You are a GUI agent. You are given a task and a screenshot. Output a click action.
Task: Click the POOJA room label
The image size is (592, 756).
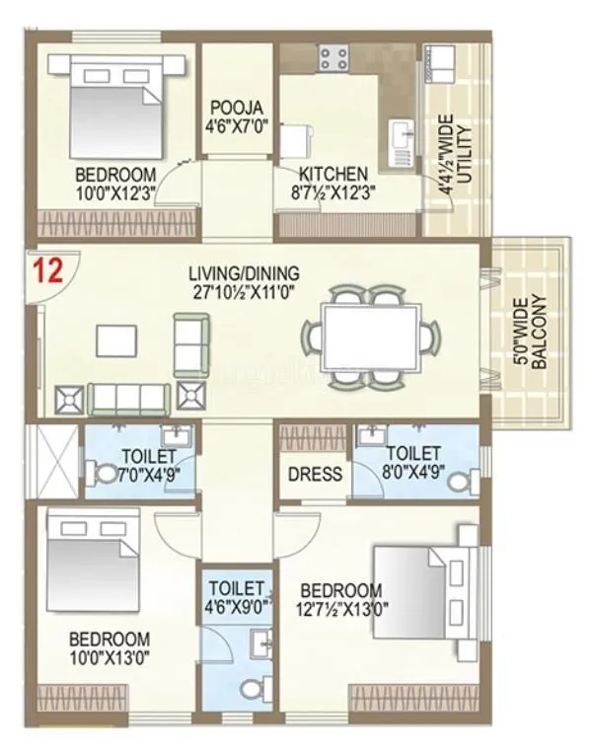point(240,109)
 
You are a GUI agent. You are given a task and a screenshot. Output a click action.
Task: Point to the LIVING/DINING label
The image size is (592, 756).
point(247,273)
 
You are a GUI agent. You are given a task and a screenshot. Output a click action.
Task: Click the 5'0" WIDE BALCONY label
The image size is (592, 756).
point(530,333)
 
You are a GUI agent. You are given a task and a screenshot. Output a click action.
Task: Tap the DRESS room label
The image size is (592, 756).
point(315,474)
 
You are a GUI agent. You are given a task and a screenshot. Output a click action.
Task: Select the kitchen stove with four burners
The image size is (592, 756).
point(331,56)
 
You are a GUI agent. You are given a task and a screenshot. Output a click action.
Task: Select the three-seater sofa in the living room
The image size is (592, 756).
point(127,399)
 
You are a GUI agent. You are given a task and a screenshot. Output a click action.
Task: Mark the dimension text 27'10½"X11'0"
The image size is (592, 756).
point(247,290)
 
